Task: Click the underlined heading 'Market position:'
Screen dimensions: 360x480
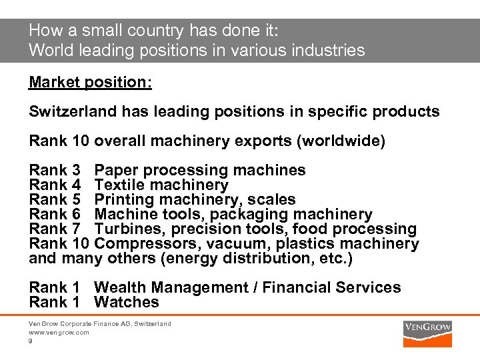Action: pos(90,82)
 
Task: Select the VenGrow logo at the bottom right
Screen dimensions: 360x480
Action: pos(427,327)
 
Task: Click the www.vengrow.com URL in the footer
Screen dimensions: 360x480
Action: pos(59,332)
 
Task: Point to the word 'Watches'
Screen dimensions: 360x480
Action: pos(127,302)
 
